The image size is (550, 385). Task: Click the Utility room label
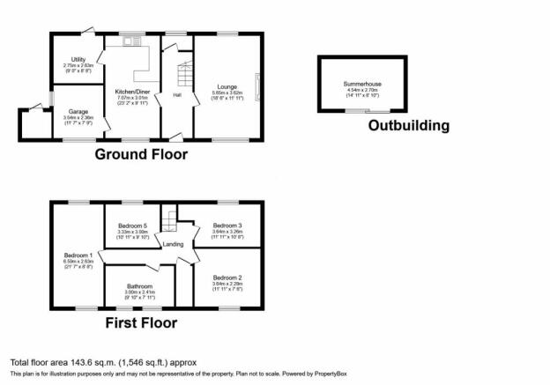point(78,59)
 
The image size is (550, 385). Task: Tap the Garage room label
point(78,112)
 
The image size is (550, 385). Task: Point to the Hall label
point(176,95)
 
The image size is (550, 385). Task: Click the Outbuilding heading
point(408,125)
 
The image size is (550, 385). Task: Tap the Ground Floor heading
point(141,154)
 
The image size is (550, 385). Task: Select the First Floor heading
point(140,322)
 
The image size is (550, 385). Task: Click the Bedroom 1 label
point(78,255)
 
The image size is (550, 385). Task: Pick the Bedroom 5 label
point(133,226)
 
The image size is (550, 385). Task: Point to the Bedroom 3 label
point(227,226)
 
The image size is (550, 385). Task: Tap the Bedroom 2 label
point(227,278)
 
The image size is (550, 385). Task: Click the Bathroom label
point(139,286)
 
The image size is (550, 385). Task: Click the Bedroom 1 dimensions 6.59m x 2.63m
point(78,261)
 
